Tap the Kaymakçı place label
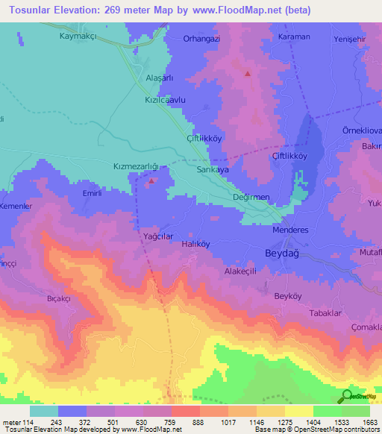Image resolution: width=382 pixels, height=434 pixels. (81, 36)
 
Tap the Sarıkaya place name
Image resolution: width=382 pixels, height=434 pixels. (211, 169)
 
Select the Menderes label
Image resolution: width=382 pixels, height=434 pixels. (292, 230)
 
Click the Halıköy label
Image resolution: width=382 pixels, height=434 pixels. (199, 244)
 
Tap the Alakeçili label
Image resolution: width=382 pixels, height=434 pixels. (240, 272)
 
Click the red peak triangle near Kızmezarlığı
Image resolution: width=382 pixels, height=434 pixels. (152, 180)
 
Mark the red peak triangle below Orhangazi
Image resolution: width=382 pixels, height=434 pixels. (247, 74)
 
